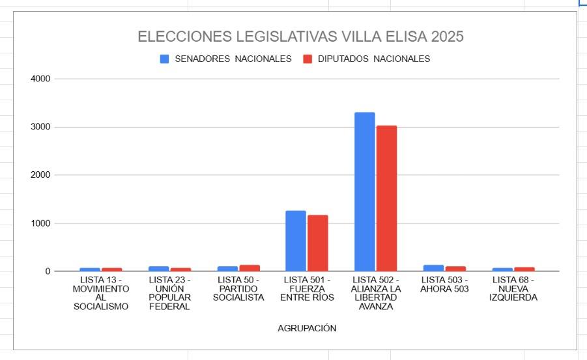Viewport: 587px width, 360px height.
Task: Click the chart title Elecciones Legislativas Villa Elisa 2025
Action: (300, 36)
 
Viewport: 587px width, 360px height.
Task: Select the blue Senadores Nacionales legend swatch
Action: (165, 59)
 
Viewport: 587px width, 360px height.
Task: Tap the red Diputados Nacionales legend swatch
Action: (308, 59)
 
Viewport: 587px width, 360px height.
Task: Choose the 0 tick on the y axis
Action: (48, 271)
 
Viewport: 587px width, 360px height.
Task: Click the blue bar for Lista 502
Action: (364, 192)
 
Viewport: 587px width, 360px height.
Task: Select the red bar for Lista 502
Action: (386, 199)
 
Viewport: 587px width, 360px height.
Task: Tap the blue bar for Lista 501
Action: (296, 241)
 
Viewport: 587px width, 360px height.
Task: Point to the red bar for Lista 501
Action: (318, 243)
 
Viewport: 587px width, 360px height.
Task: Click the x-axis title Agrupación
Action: (307, 328)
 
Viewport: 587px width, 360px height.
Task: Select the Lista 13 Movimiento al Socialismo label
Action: (100, 293)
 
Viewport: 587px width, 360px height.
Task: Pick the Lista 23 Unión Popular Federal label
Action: (169, 293)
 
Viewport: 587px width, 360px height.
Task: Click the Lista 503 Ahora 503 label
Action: (444, 284)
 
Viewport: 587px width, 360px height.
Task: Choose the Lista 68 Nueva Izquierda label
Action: (513, 289)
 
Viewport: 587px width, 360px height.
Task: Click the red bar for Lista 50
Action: (250, 268)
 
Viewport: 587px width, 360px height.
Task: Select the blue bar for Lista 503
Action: (433, 268)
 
